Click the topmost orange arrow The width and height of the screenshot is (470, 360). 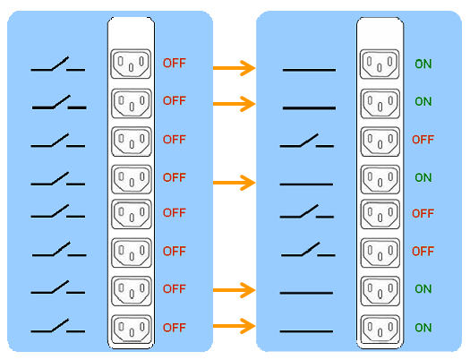coord(234,68)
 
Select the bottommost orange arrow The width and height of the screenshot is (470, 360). coord(234,326)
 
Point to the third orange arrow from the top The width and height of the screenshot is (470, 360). coord(234,183)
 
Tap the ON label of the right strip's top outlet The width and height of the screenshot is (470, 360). coord(423,64)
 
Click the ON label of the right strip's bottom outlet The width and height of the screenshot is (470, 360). coord(423,328)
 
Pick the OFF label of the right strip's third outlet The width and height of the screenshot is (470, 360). coord(423,140)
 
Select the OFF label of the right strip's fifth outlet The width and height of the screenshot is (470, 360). coord(423,213)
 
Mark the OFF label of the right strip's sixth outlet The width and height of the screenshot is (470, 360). coord(423,251)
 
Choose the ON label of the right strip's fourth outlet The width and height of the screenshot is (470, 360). coord(423,177)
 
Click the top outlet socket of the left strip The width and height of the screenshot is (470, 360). coord(131,64)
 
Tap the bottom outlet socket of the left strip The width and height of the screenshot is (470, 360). coord(132,330)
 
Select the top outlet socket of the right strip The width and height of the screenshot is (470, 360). coord(380,64)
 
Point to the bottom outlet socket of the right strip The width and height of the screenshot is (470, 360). coord(380,330)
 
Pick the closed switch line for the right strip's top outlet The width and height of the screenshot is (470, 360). coord(309,70)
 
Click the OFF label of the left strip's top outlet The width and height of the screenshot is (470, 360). coord(175,63)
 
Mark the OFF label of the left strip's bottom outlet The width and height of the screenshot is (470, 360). coord(175,328)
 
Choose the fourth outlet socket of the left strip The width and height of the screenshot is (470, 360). coord(132,179)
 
